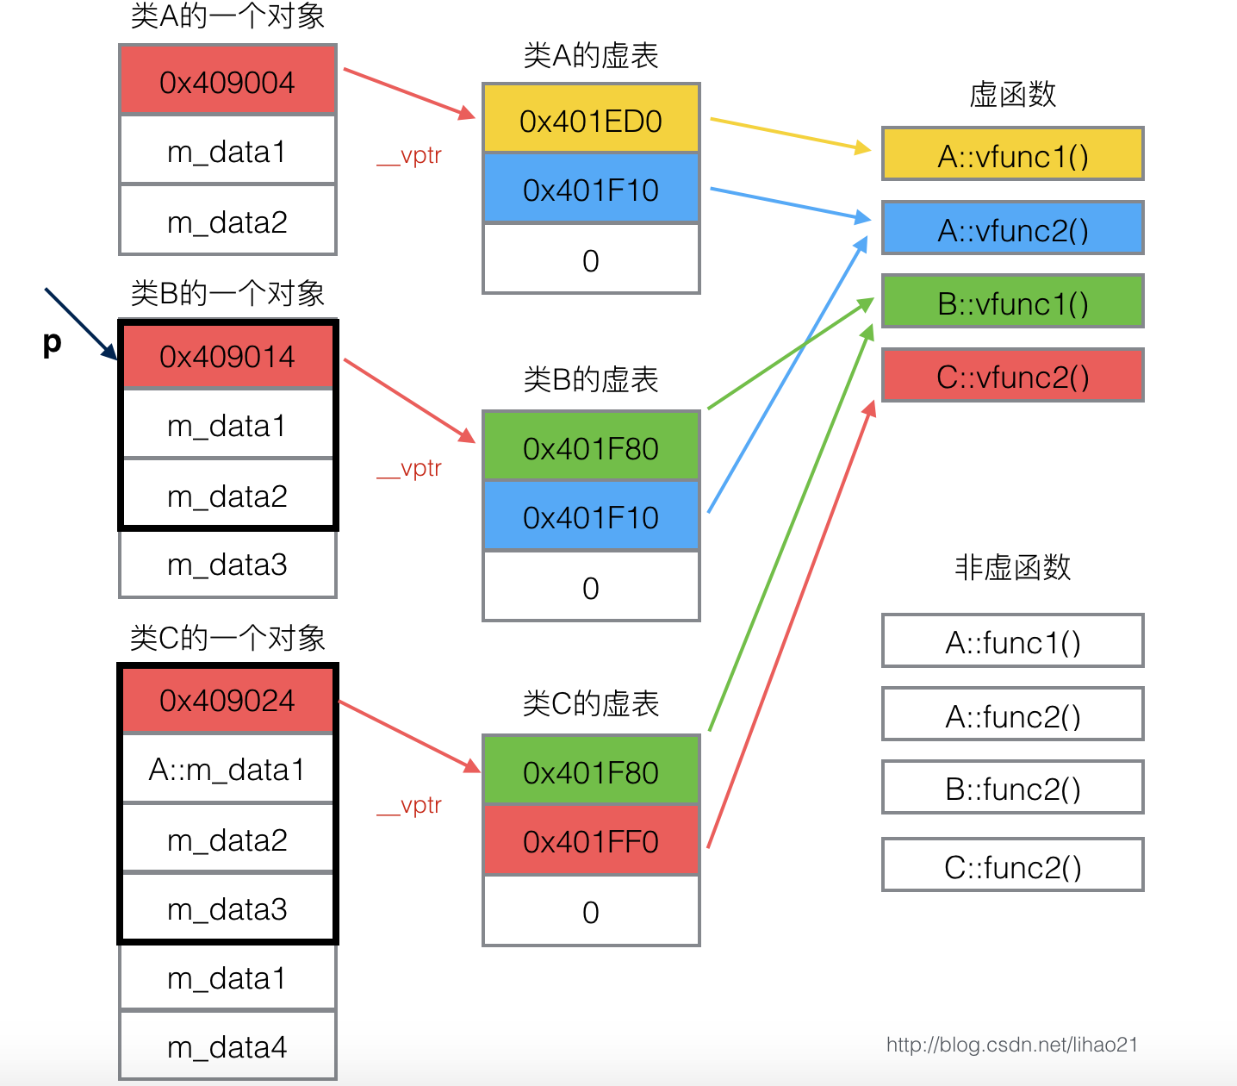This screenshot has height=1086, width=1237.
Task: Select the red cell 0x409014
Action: tap(227, 356)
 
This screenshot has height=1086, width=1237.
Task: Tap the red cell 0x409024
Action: tap(227, 700)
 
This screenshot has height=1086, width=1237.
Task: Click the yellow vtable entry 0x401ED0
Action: tap(591, 120)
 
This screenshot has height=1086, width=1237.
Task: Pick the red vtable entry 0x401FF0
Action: tap(591, 840)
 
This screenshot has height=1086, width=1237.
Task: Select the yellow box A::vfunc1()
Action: tap(1012, 155)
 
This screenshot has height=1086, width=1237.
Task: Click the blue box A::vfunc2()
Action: tap(1012, 229)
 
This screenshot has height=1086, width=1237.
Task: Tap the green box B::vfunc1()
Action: tap(1012, 303)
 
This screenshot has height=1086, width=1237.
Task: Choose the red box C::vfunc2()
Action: tap(1012, 376)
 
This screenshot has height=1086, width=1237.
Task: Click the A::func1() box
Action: tap(1012, 642)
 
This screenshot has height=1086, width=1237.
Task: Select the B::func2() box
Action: tap(1012, 788)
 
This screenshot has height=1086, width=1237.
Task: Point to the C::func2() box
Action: tap(1012, 865)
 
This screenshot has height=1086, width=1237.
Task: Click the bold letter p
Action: tap(52, 342)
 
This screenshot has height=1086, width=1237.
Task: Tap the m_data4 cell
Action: tap(227, 1046)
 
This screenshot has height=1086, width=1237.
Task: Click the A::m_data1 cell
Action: tap(227, 769)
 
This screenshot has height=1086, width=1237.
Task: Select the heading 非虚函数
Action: tap(1012, 567)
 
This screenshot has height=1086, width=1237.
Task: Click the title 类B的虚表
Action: tap(591, 379)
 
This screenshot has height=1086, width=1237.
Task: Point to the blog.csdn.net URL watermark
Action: tap(1011, 1045)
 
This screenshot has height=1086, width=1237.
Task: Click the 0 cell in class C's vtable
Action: tap(591, 912)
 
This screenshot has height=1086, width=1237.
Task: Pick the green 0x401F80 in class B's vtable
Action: tap(591, 447)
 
